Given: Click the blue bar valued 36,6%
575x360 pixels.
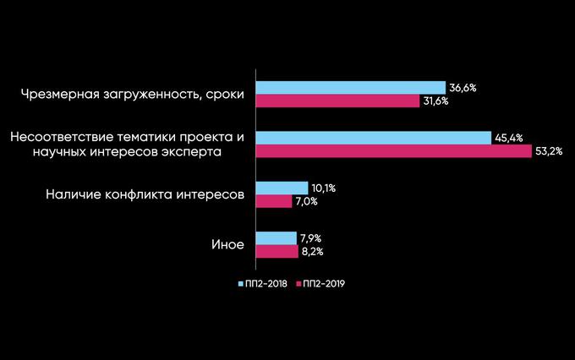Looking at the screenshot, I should click(350, 88).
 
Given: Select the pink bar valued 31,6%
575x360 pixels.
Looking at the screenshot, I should click(337, 101).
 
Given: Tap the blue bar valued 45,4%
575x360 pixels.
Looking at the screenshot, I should click(373, 138).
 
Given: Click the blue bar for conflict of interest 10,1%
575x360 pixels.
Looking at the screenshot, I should click(282, 188).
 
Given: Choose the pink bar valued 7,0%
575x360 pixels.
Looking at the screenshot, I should click(274, 201).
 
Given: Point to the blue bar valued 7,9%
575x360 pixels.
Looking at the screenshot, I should click(276, 237).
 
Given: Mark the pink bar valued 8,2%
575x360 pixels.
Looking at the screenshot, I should click(277, 251).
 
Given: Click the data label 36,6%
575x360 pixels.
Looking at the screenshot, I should click(462, 88).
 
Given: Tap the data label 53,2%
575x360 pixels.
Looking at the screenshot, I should click(550, 151).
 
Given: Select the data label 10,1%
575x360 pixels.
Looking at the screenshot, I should click(323, 188).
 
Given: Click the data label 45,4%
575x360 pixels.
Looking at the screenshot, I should click(507, 138).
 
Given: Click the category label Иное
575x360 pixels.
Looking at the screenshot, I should click(227, 245).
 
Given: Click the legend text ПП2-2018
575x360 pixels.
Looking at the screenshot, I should click(267, 284).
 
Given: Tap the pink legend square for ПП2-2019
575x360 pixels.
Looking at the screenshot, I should click(299, 284).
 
